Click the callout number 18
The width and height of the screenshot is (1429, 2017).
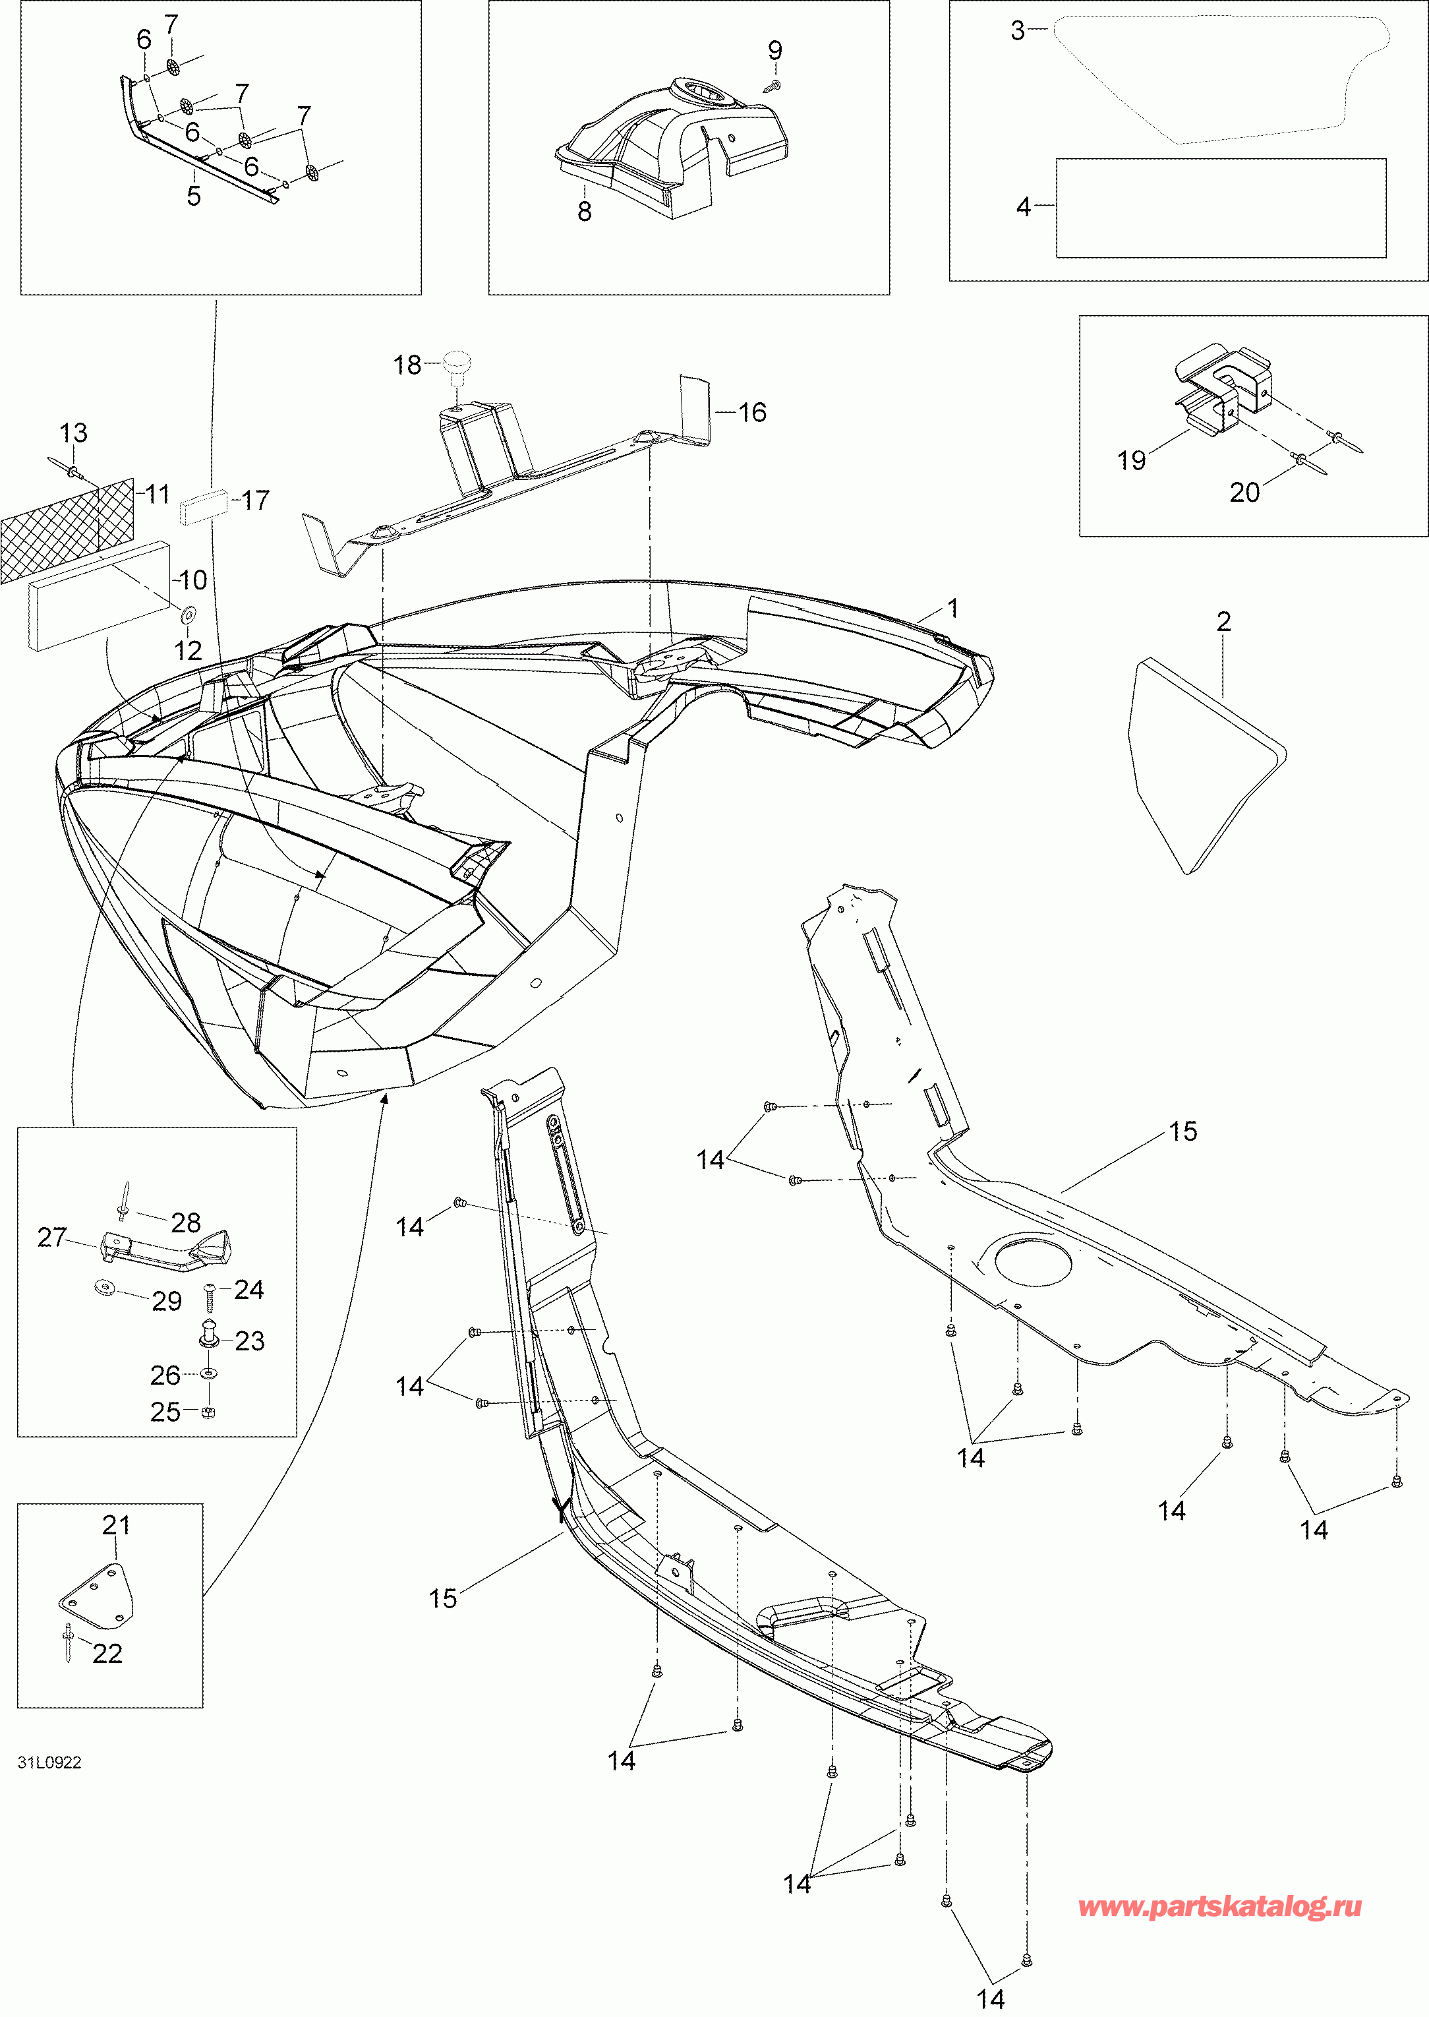tap(407, 365)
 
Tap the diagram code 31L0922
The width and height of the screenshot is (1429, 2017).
tap(49, 1762)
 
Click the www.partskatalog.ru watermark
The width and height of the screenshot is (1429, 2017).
tap(1219, 1906)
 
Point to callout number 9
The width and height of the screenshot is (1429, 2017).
tap(774, 50)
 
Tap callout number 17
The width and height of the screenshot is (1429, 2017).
tap(255, 500)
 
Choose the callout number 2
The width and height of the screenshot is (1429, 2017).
tap(1223, 621)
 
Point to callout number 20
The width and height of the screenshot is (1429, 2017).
tap(1244, 492)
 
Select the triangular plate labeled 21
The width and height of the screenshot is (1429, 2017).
tap(97, 1593)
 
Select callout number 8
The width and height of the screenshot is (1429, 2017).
tap(584, 210)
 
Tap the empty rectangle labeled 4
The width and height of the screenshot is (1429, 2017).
tap(1221, 208)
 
